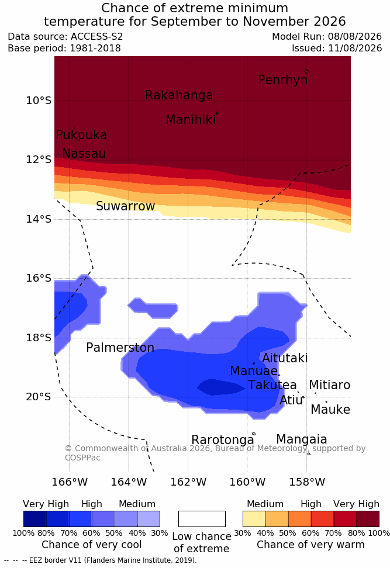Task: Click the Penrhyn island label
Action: point(283,79)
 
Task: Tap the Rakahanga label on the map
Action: point(179,95)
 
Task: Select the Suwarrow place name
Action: point(125,206)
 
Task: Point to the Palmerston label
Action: point(120,347)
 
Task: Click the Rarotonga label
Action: point(223,440)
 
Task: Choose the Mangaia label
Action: point(302,439)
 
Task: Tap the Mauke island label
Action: point(330,409)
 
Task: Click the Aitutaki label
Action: point(285,358)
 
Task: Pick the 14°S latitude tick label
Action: point(39,219)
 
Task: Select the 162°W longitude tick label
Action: point(188,482)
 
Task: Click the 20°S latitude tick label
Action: point(39,397)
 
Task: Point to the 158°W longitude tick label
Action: point(307,482)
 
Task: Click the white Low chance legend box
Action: point(202,519)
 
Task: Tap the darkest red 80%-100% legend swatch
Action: point(368,519)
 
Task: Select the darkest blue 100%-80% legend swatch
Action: point(35,519)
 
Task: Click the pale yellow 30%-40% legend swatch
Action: point(254,519)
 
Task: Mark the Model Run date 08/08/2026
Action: point(355,37)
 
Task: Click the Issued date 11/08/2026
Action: point(355,48)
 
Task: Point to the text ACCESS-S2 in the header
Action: point(97,37)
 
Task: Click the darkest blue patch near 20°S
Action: point(221,387)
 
